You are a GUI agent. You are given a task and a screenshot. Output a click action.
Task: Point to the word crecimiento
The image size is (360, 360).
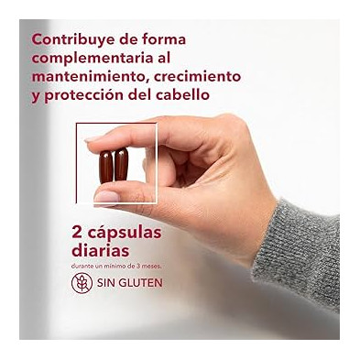tap(197, 76)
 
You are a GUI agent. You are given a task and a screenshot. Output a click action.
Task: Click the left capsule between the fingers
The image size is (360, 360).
tap(105, 167)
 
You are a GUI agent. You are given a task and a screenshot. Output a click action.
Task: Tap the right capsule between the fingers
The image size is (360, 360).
tap(121, 164)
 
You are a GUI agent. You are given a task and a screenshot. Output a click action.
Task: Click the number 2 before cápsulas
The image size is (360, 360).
tap(77, 233)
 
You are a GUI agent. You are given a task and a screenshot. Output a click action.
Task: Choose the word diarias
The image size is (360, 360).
tap(100, 251)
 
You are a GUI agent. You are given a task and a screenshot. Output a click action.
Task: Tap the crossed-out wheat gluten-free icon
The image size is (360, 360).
tap(82, 283)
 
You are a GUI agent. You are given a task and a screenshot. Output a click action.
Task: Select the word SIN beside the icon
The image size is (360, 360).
tap(106, 283)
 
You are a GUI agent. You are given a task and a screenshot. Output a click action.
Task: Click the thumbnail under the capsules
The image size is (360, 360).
tap(106, 196)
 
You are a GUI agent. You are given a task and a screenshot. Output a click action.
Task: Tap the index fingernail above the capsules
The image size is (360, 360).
tap(93, 138)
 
